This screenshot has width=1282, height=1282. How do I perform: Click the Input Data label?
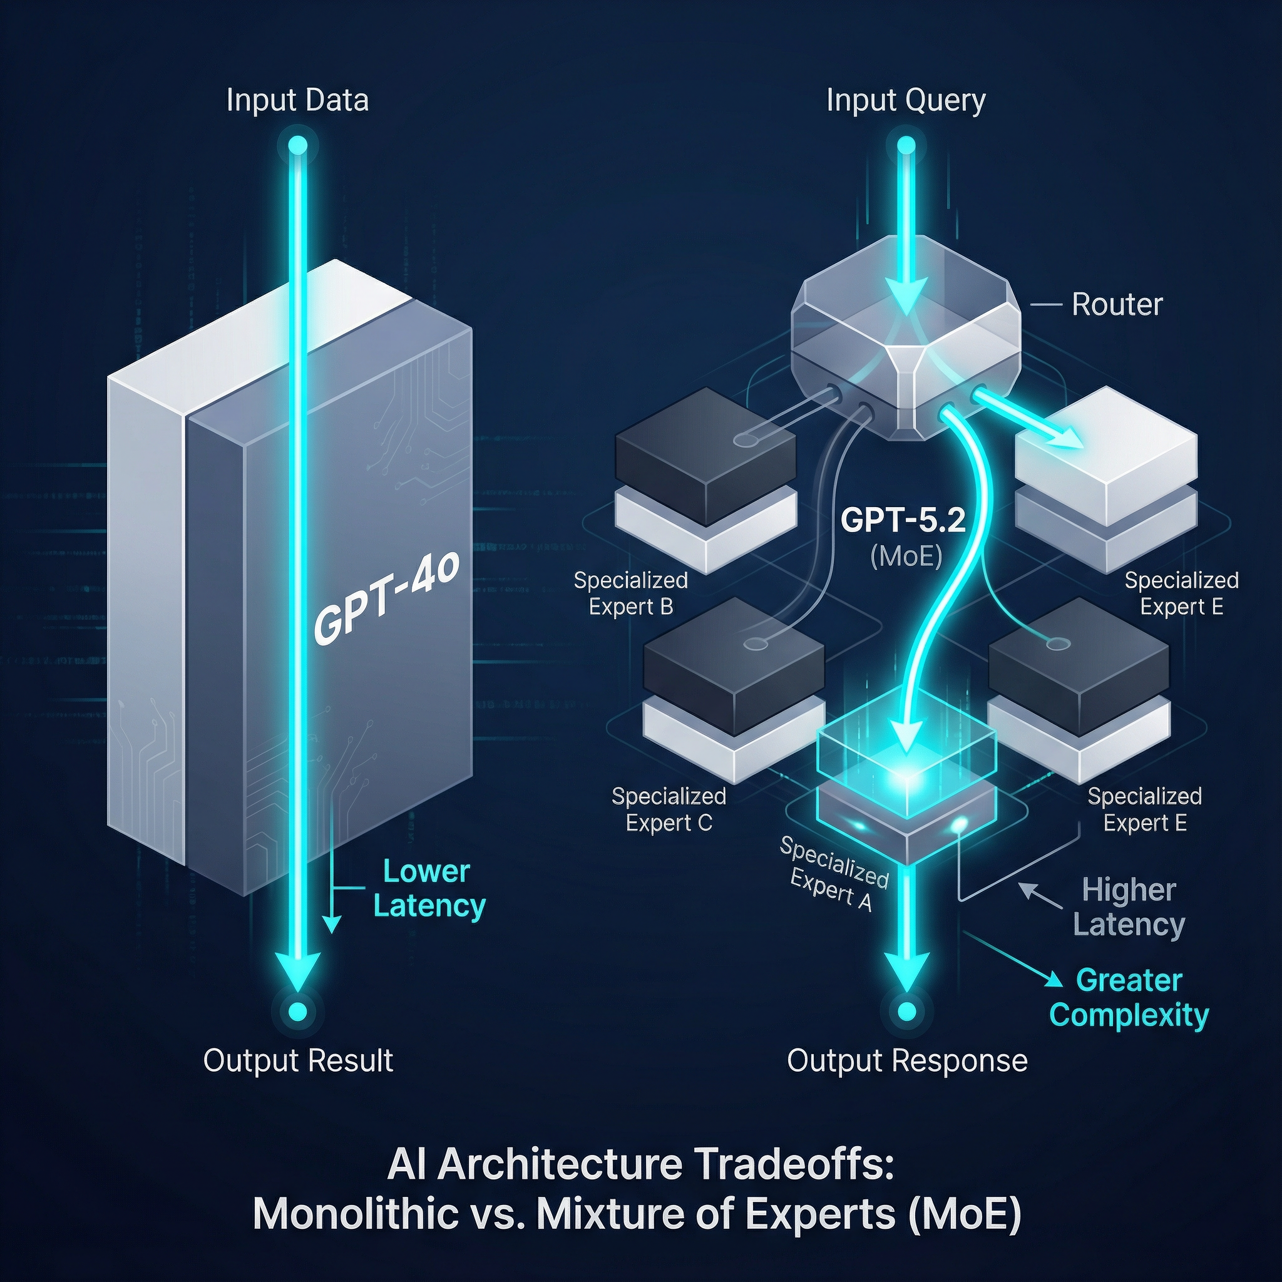tap(297, 100)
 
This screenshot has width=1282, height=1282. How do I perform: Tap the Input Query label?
tap(906, 100)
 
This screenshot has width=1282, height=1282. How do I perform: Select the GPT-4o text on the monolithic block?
tap(386, 599)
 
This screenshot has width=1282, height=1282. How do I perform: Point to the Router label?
tap(1117, 305)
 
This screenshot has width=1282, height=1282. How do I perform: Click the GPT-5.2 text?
tap(903, 520)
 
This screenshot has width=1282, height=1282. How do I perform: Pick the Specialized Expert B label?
tap(630, 593)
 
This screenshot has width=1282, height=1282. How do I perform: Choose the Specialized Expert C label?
tap(669, 809)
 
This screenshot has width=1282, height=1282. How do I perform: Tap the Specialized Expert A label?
tap(833, 873)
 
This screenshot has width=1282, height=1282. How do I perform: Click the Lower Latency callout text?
tap(429, 888)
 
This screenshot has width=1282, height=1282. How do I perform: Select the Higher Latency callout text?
tap(1129, 907)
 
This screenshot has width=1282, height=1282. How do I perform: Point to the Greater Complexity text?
tap(1129, 997)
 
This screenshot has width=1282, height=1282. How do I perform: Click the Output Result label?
tap(298, 1060)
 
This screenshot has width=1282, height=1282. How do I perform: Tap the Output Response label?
tap(907, 1060)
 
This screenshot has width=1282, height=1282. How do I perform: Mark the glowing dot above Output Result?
tap(298, 1012)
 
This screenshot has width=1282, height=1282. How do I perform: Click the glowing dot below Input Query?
tap(906, 145)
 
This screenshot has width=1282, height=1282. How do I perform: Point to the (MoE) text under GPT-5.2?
tap(906, 556)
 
